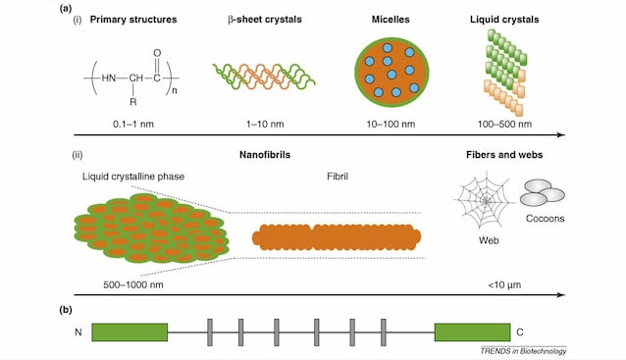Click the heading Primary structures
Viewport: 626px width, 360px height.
click(133, 20)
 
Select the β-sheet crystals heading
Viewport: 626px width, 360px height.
click(265, 20)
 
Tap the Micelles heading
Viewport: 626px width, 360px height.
click(391, 20)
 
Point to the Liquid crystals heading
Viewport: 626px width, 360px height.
click(504, 20)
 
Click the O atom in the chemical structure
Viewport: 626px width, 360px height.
click(157, 53)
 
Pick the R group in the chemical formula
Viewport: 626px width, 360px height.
click(133, 102)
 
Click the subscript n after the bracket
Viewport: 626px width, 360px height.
click(175, 90)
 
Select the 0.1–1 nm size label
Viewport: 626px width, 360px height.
click(133, 125)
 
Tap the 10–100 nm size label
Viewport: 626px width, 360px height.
click(391, 125)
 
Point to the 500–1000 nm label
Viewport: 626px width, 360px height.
click(133, 285)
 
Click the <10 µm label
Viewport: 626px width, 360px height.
click(504, 285)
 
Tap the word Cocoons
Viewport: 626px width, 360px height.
click(545, 219)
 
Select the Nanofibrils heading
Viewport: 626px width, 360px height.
click(265, 155)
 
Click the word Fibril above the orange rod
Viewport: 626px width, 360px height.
click(338, 177)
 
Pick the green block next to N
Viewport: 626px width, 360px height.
click(130, 333)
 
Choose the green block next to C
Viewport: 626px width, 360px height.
click(472, 333)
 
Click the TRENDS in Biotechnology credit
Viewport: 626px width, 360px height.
click(523, 351)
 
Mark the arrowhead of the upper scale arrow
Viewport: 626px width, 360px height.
click(561, 135)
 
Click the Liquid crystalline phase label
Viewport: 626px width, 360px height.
click(133, 177)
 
